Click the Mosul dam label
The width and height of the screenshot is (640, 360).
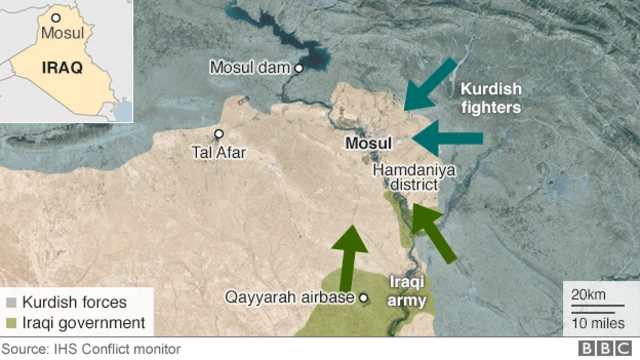tap(249, 67)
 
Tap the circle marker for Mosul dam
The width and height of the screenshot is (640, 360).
tap(298, 68)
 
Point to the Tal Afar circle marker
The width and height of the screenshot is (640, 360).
tap(219, 133)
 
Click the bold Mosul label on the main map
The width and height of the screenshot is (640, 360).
tap(367, 144)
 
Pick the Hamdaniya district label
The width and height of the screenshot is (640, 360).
tap(413, 179)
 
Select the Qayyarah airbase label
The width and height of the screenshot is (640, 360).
tap(290, 298)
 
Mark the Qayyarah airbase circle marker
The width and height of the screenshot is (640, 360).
tap(364, 298)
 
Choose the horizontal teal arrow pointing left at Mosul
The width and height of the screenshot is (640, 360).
tap(446, 138)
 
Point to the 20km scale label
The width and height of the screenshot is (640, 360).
tap(587, 294)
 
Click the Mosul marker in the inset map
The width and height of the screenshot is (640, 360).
tap(56, 17)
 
